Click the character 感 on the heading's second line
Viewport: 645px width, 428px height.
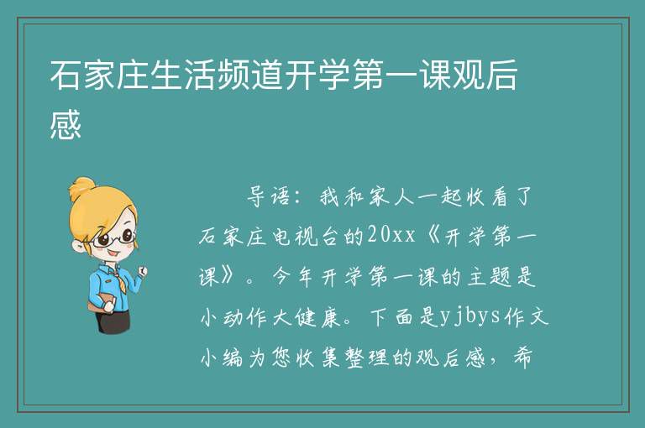[x=66, y=123]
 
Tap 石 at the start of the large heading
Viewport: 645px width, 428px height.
[x=66, y=76]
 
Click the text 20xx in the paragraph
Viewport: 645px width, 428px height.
[x=391, y=236]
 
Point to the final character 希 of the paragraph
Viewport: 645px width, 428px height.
[x=523, y=358]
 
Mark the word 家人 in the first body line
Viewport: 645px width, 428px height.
[x=391, y=196]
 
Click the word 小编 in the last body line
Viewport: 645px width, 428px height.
[x=222, y=358]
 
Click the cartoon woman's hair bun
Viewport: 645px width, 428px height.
[x=81, y=188]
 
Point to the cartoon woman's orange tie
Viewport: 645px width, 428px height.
[x=120, y=280]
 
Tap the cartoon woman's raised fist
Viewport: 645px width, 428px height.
[x=142, y=269]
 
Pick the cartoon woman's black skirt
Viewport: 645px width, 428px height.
[x=113, y=320]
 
